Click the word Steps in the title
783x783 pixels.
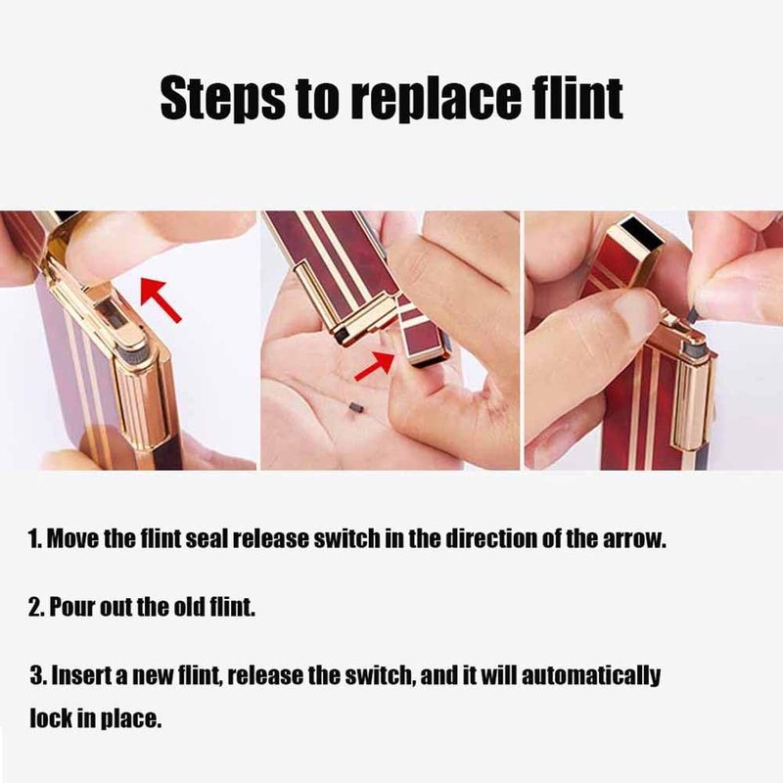(x=223, y=98)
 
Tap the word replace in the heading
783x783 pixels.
(x=437, y=98)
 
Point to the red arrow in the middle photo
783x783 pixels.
(x=375, y=365)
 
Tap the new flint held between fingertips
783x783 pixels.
(x=693, y=313)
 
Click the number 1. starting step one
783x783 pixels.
(x=35, y=539)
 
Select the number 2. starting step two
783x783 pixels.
(x=36, y=607)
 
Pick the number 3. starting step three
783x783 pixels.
(x=38, y=675)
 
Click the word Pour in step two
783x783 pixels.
(x=72, y=607)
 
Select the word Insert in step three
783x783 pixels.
(x=82, y=675)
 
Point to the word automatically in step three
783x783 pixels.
(x=591, y=676)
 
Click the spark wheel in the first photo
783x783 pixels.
(x=134, y=356)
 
